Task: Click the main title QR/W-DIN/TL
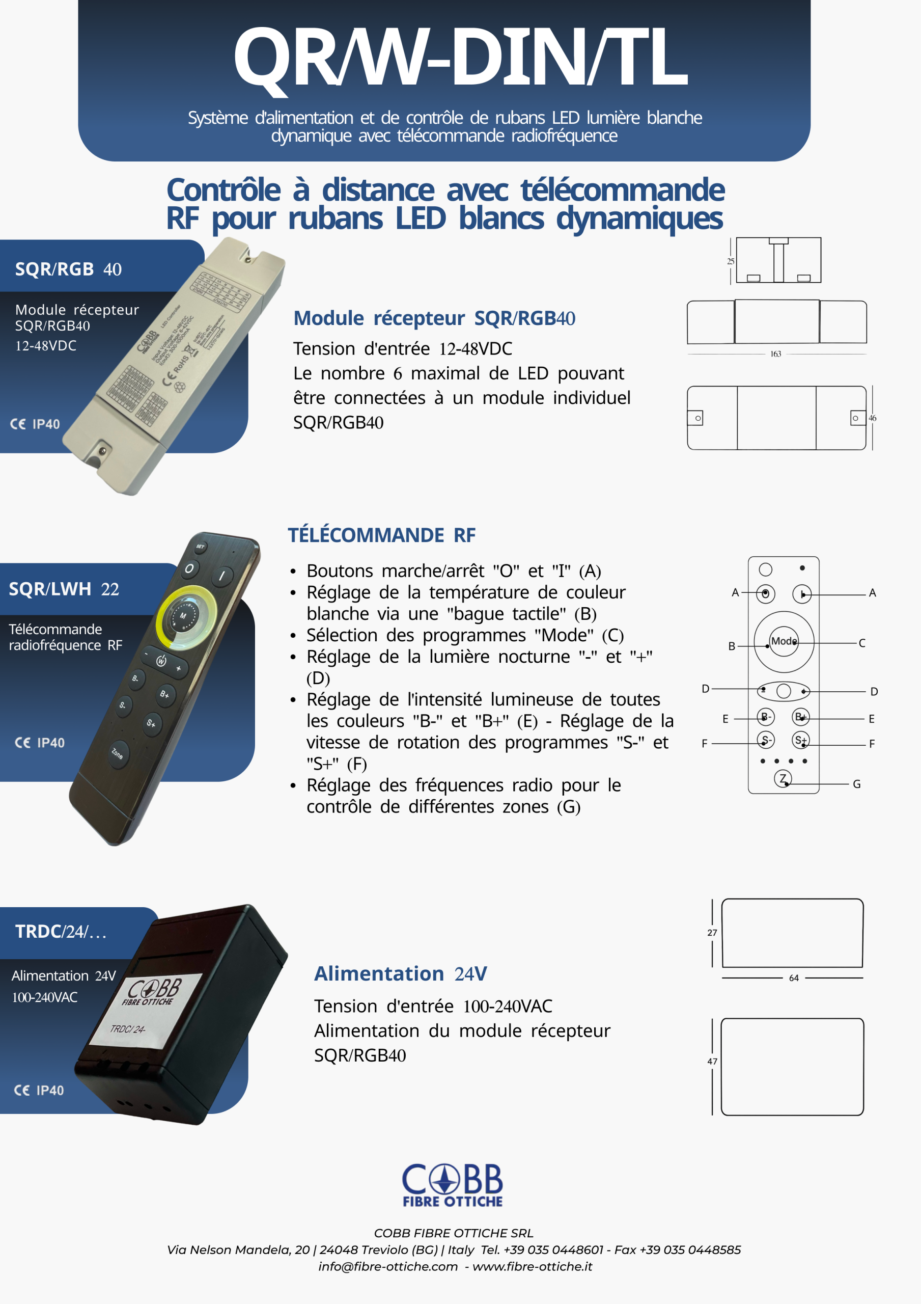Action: pyautogui.click(x=460, y=57)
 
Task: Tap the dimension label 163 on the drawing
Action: pyautogui.click(x=775, y=354)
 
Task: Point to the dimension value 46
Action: pyautogui.click(x=872, y=418)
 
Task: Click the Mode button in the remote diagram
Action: pyautogui.click(x=784, y=641)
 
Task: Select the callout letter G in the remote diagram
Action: pyautogui.click(x=857, y=784)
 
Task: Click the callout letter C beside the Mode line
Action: pyautogui.click(x=862, y=643)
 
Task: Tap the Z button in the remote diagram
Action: pyautogui.click(x=783, y=778)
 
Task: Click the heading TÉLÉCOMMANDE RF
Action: pyautogui.click(x=381, y=535)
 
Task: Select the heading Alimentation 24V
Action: pyautogui.click(x=400, y=973)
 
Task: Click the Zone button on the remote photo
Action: pyautogui.click(x=118, y=754)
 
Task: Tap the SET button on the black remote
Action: pyautogui.click(x=201, y=547)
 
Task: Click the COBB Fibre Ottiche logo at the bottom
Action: pyautogui.click(x=453, y=1184)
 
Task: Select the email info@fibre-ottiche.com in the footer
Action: pyautogui.click(x=388, y=1266)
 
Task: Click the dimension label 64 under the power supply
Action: pyautogui.click(x=794, y=978)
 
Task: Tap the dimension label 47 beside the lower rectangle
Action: pyautogui.click(x=712, y=1062)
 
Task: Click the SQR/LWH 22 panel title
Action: pyautogui.click(x=64, y=589)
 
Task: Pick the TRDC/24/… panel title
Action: pyautogui.click(x=61, y=932)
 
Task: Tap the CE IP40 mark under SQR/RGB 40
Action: pyautogui.click(x=35, y=424)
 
